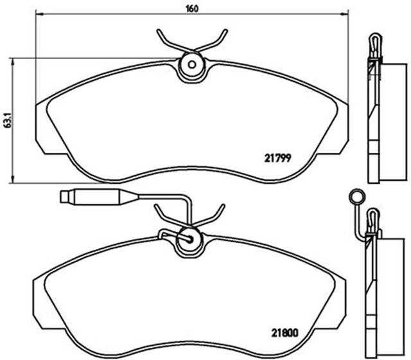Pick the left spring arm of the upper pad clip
coord(167,40)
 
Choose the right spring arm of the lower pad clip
coord(215,214)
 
